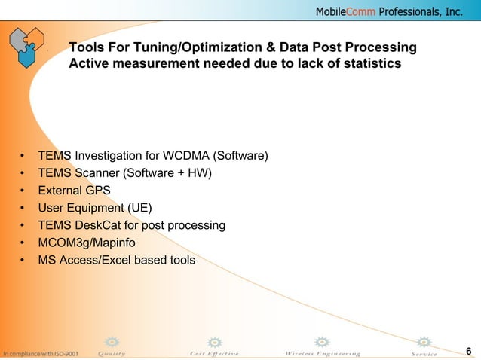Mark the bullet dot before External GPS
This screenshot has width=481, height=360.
[23, 191]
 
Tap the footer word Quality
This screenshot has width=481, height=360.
[112, 353]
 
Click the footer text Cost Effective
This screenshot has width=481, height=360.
[214, 353]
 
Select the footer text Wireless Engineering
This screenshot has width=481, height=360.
[322, 353]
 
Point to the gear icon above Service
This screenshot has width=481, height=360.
[424, 342]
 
